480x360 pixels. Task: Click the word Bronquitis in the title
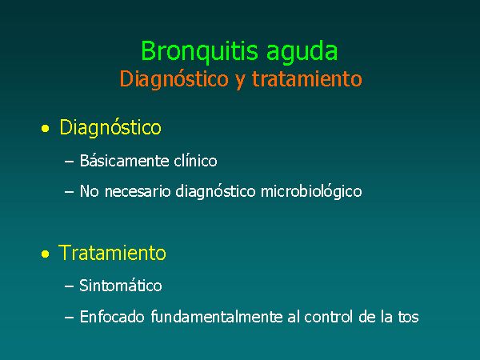point(199,51)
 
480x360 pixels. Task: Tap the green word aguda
point(302,53)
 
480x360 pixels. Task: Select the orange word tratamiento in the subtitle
point(307,78)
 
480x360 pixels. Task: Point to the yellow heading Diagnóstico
point(110,128)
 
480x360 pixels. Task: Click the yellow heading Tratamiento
point(112,253)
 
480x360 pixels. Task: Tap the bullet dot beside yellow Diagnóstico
point(46,129)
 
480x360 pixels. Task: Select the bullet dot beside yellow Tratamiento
point(46,254)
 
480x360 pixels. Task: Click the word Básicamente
point(125,161)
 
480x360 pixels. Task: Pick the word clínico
point(196,161)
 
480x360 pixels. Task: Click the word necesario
point(138,192)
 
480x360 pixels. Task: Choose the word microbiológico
point(311,192)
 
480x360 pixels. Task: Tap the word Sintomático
point(121,286)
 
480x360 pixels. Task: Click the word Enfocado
point(112,317)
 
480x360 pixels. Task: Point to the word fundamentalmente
point(217,317)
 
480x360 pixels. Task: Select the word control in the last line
point(329,317)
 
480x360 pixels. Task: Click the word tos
point(408,317)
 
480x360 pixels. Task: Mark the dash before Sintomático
point(69,286)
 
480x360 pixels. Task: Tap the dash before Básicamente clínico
point(69,162)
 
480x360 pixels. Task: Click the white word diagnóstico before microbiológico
point(215,192)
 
